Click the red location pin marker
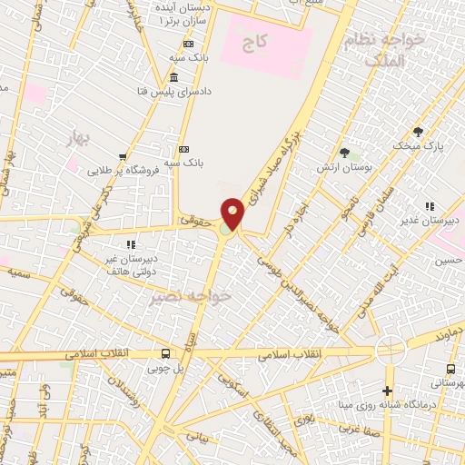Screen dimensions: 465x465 pos(233,214)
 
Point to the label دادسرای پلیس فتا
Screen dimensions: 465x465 pos(211,92)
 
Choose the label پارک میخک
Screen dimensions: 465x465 pos(415,145)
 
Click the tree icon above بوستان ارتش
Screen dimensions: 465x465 pos(344,152)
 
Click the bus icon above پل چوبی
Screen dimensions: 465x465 pos(165,353)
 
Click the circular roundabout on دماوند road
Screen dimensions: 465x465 pos(391,348)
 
